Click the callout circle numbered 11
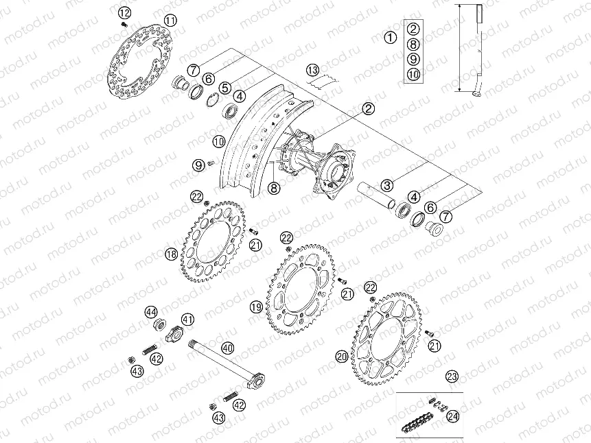pos(170,21)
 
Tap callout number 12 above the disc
pos(124,12)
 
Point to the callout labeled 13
pos(313,70)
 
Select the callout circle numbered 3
pos(388,185)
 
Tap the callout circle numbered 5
pos(224,87)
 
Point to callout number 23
pos(451,375)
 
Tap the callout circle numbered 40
pos(227,348)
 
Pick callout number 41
pos(187,319)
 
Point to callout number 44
pos(151,312)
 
